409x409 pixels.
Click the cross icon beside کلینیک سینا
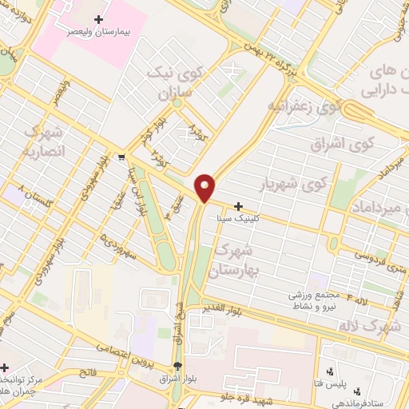pos(238,205)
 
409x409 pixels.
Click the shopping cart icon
pos(121,157)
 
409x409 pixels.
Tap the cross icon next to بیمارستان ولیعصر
pos(98,18)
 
